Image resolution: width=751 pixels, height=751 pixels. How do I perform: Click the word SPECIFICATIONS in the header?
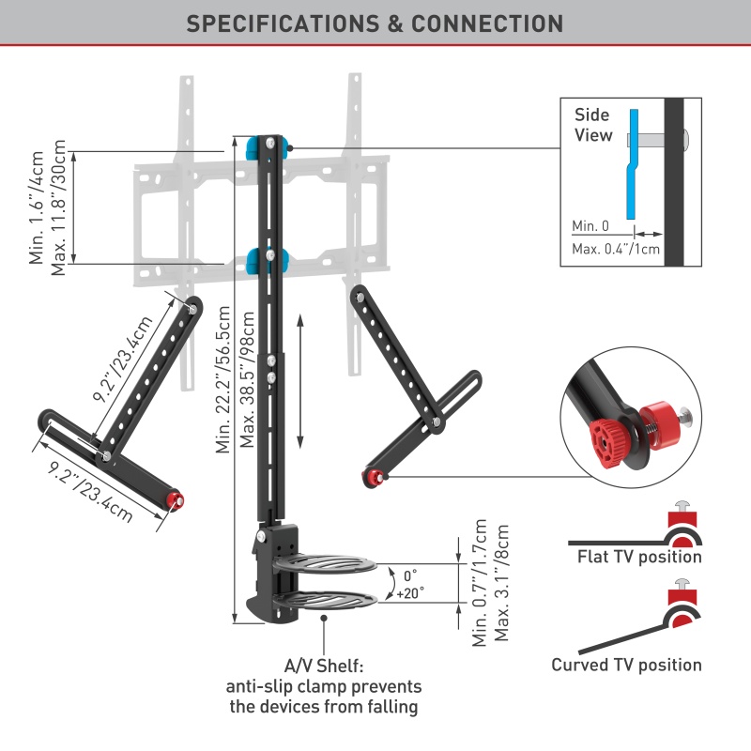click(283, 24)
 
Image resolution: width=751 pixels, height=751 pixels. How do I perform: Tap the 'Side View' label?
click(593, 125)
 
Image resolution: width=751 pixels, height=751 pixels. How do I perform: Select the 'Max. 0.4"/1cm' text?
click(616, 249)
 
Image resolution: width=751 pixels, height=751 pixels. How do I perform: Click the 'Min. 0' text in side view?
click(590, 226)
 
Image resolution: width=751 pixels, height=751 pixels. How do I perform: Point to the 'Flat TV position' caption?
click(639, 557)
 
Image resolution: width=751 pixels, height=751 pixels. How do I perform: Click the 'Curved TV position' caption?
click(626, 665)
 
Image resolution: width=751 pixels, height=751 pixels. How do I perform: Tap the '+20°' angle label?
click(410, 593)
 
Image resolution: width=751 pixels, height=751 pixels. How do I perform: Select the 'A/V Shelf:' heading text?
click(324, 666)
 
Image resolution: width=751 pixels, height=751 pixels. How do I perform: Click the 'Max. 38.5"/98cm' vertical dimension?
click(248, 379)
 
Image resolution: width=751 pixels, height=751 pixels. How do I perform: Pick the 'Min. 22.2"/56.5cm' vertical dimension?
click(223, 379)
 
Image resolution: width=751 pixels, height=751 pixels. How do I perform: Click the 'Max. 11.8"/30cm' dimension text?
click(58, 207)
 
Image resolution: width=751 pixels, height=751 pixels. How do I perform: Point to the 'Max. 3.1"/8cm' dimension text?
click(501, 583)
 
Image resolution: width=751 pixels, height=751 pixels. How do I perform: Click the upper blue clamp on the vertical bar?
click(267, 147)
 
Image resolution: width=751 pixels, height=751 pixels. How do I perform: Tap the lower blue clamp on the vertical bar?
click(268, 260)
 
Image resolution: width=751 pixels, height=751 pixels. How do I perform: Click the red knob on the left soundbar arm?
click(176, 499)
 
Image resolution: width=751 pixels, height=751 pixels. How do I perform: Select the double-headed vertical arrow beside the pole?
click(300, 381)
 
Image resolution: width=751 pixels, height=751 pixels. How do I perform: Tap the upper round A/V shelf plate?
click(325, 564)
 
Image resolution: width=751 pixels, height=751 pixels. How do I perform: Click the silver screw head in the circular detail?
click(685, 416)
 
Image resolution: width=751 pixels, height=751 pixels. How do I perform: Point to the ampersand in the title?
click(395, 24)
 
